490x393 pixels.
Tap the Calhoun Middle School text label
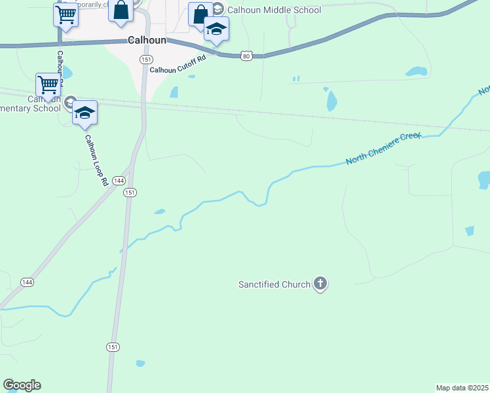[x=274, y=10]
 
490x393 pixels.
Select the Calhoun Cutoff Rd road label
[x=178, y=64]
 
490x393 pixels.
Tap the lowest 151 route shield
[x=113, y=348]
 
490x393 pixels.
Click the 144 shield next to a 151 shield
[x=119, y=180]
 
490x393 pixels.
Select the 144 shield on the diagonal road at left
[x=27, y=282]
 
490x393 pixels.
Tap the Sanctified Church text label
[x=274, y=284]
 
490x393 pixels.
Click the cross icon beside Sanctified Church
[x=320, y=284]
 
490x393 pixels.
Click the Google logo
[x=22, y=385]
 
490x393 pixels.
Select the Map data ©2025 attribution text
[x=462, y=388]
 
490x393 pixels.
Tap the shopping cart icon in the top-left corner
[x=66, y=14]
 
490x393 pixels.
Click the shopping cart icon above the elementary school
[x=48, y=85]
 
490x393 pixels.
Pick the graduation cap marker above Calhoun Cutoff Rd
[x=216, y=29]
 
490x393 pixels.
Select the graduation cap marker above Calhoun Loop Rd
[x=85, y=113]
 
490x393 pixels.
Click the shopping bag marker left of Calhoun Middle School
[x=200, y=14]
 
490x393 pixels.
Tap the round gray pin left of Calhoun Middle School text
[x=218, y=10]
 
